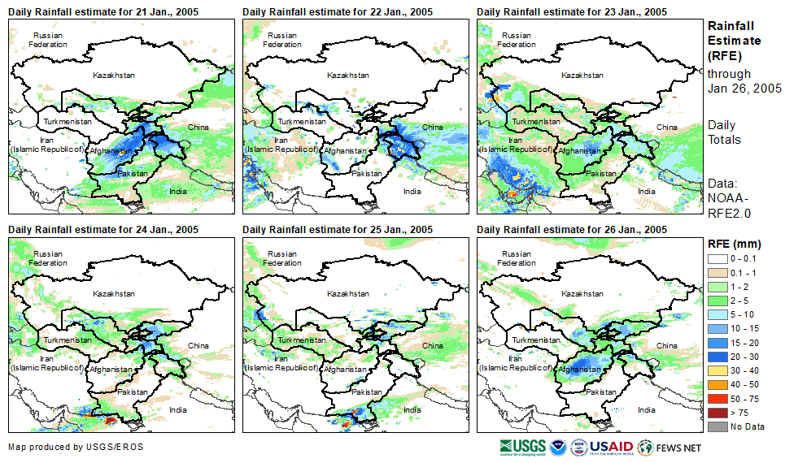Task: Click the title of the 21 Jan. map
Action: click(103, 12)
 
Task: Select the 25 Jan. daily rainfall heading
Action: click(338, 230)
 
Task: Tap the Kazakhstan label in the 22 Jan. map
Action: click(347, 76)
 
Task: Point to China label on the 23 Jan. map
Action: click(666, 128)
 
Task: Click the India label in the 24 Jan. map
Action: click(177, 410)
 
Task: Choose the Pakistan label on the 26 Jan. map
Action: click(601, 392)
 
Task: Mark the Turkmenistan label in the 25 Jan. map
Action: click(301, 340)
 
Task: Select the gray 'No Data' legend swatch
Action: click(717, 426)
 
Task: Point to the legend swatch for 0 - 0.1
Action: click(717, 258)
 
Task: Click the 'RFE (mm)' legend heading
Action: click(734, 244)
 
